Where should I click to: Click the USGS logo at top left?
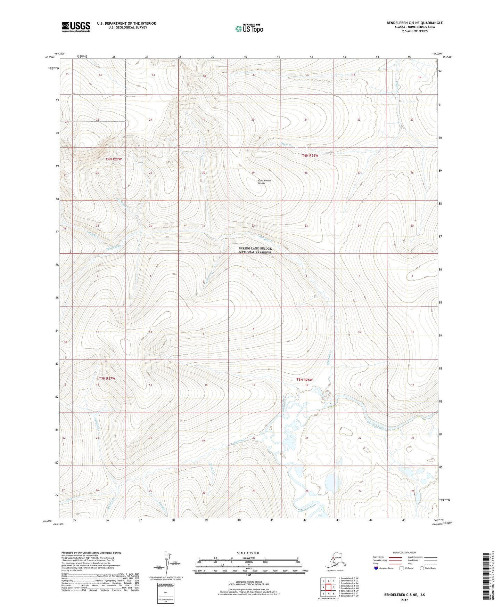coord(76,27)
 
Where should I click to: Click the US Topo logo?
coord(249,29)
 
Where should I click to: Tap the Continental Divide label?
coord(264,182)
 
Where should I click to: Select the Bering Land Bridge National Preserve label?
coord(255,250)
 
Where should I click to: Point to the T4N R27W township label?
coord(114,159)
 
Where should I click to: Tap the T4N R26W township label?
coord(310,156)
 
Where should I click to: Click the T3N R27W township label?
coord(107,378)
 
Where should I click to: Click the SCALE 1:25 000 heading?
coord(248,553)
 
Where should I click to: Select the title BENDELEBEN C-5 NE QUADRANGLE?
coord(414,23)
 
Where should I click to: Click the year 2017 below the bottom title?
coord(404,600)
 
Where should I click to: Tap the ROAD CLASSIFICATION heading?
coord(404,552)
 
